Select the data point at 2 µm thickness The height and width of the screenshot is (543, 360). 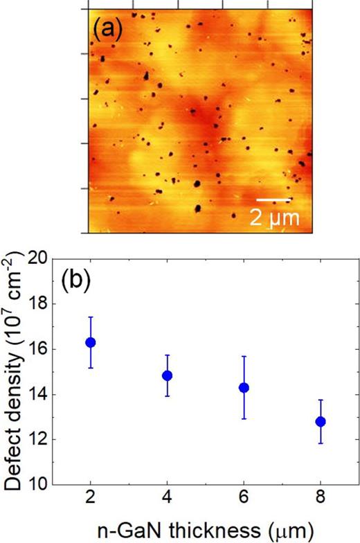90,342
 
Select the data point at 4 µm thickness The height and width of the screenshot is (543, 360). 167,375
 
